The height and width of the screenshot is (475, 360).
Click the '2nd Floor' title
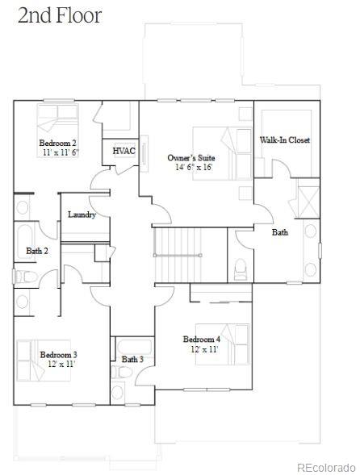click(x=60, y=15)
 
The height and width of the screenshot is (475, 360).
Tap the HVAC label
click(x=123, y=152)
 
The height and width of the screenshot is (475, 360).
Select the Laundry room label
click(x=82, y=215)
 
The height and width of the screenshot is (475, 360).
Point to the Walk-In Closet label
click(x=284, y=140)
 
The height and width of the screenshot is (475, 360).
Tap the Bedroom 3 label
click(x=59, y=354)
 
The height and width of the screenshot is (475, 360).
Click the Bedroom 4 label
click(x=201, y=339)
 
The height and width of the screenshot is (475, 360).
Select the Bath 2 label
click(x=37, y=251)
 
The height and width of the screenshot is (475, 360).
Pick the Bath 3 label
click(x=133, y=359)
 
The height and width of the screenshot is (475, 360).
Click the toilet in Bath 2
click(x=23, y=277)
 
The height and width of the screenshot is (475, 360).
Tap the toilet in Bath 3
click(x=118, y=393)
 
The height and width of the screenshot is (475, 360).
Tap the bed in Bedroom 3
click(x=32, y=360)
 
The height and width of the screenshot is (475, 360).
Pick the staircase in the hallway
click(x=178, y=254)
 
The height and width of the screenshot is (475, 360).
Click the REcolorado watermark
click(x=325, y=467)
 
